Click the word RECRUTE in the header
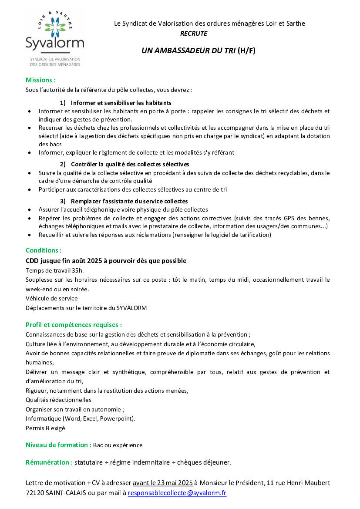(193, 34)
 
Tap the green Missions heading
(40, 80)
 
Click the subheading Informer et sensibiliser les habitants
(121, 103)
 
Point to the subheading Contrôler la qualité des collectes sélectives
(130, 164)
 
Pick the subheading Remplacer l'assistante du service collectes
(129, 201)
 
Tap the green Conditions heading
(44, 250)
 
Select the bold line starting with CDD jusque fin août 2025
(106, 261)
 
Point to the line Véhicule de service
(51, 298)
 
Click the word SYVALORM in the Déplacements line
(131, 308)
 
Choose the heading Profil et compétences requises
(74, 325)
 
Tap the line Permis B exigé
(45, 428)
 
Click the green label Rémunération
(49, 462)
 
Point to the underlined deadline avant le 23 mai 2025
(162, 483)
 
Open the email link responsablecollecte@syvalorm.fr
(177, 493)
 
